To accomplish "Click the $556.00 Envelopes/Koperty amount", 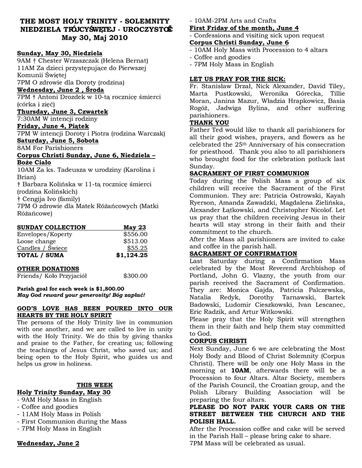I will coord(135,234).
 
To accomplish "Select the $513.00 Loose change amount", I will coord(135,241).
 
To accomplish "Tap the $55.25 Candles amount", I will coord(137,248).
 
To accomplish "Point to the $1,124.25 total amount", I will coord(132,255).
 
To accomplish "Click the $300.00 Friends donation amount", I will coord(135,276).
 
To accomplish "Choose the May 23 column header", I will coord(135,227).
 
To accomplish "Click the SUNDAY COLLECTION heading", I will coord(51,227).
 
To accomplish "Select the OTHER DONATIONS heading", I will coord(48,269).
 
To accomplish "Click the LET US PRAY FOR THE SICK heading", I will coord(237,79).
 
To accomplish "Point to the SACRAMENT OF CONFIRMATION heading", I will coord(243,254).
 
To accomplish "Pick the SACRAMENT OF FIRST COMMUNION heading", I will coord(249,174).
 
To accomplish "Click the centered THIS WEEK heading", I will coord(94,385).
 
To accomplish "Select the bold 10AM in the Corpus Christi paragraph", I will coord(241,371).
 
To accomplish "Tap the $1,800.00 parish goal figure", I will coord(109,289).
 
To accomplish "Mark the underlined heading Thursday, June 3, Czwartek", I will coord(63,112).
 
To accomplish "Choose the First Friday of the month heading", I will coord(244,28).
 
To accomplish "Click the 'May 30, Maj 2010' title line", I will coord(95,38).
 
